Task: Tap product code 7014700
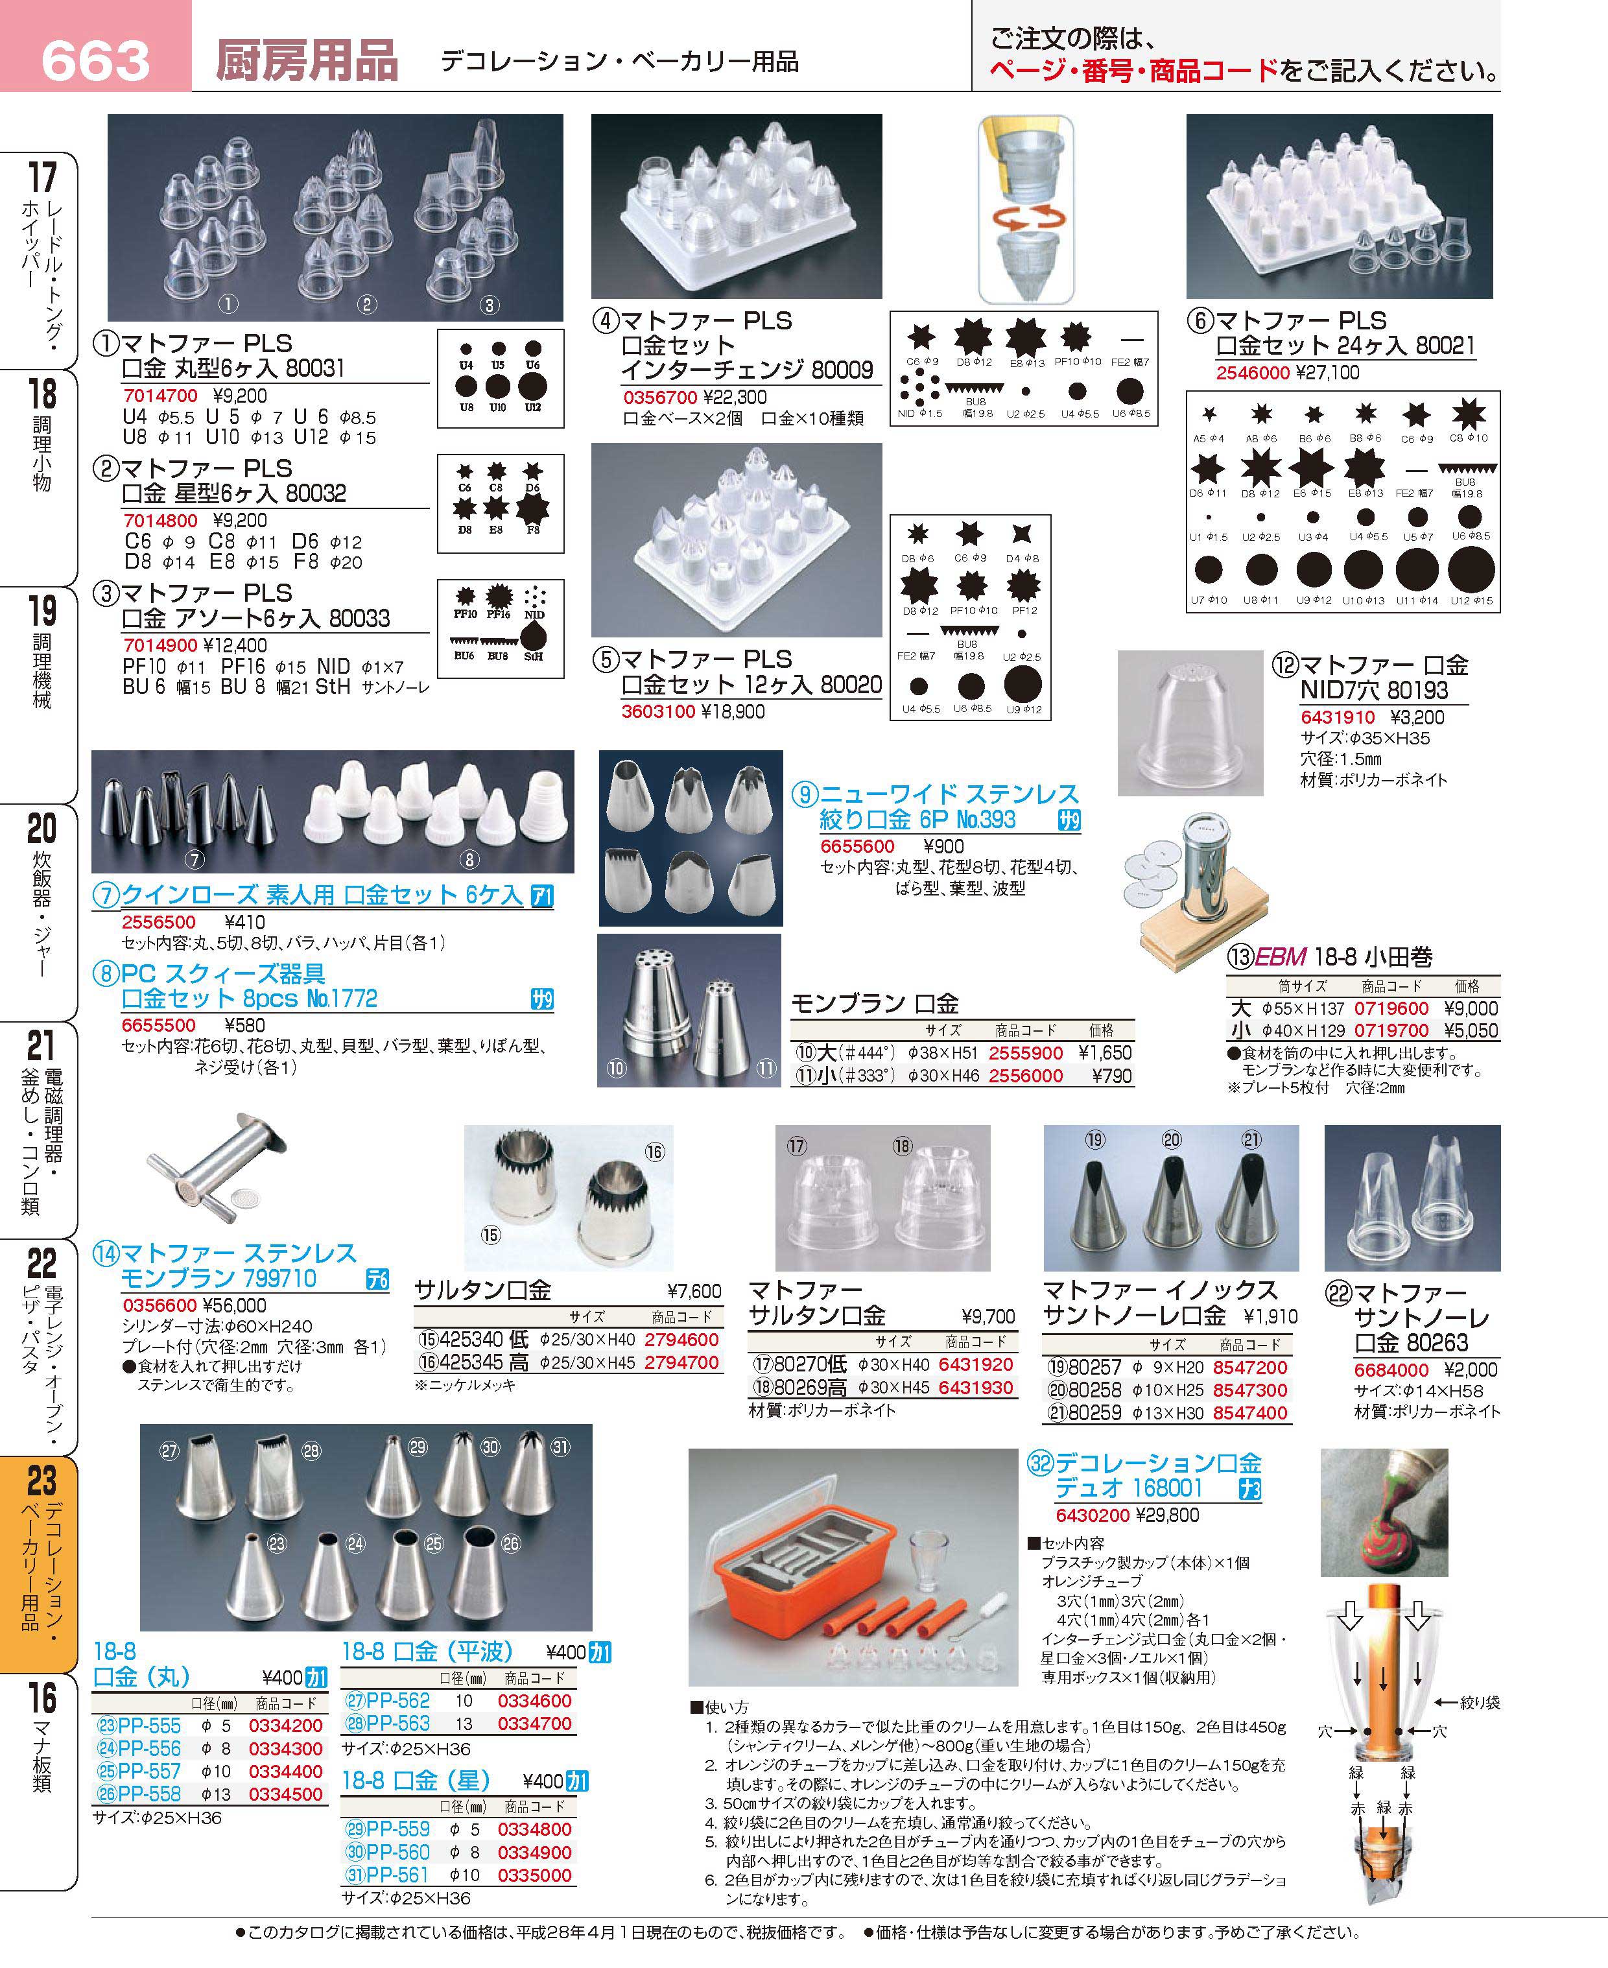[x=160, y=396]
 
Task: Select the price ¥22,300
[x=735, y=397]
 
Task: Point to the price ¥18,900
[x=733, y=711]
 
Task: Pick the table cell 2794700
[x=681, y=1362]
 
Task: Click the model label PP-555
[x=149, y=1726]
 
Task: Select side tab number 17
[x=41, y=175]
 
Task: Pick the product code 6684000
[x=1391, y=1369]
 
